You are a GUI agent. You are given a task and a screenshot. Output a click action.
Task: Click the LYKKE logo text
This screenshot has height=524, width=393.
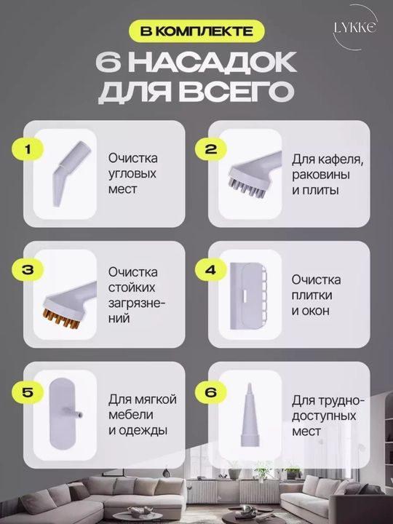(x=355, y=28)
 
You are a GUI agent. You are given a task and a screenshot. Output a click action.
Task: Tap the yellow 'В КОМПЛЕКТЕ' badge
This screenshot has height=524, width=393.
(x=196, y=31)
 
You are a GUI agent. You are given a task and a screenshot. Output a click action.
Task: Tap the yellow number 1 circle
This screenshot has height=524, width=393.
(x=28, y=149)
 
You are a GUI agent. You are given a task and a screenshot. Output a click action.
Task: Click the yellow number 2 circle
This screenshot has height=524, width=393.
(x=211, y=149)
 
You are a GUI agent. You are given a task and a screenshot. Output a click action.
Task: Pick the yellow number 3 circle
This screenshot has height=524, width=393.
(x=28, y=270)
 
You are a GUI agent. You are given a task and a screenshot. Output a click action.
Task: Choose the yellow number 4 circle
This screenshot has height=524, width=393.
(x=211, y=270)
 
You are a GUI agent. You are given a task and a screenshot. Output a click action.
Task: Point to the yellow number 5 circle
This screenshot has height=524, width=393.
(x=28, y=392)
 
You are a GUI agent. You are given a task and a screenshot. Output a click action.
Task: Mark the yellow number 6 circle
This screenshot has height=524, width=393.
(x=211, y=392)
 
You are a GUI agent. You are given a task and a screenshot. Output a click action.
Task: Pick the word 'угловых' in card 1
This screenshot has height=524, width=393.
(x=132, y=174)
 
